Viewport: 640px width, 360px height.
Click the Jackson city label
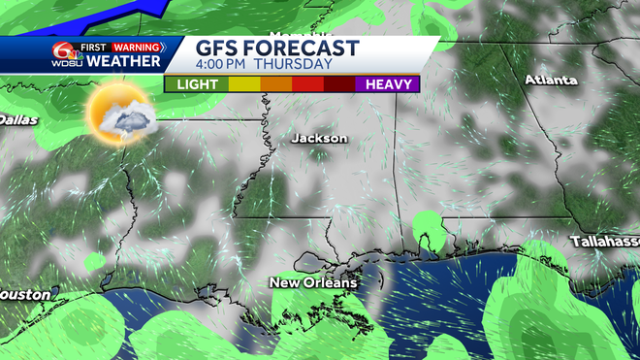click(319, 138)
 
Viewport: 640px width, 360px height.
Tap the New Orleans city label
click(313, 282)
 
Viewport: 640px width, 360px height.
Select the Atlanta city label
click(551, 80)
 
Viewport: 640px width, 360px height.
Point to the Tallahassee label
click(605, 240)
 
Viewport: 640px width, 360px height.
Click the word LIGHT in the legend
click(196, 84)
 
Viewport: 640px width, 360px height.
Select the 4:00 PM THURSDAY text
click(265, 65)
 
